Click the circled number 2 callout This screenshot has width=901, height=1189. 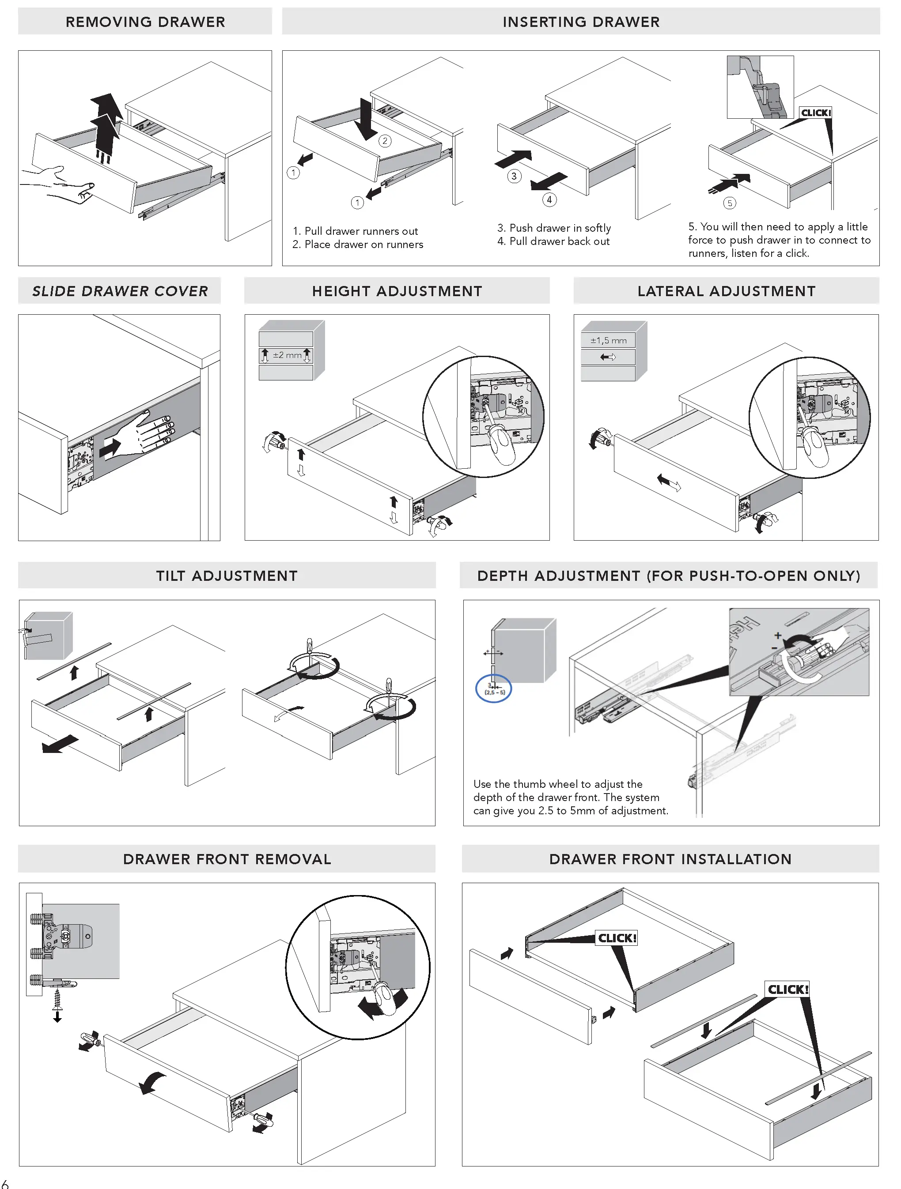(385, 141)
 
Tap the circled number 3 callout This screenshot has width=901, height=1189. (514, 176)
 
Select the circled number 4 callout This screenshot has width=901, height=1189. (549, 199)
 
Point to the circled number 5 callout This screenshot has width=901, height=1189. (729, 203)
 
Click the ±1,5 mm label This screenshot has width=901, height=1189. (608, 340)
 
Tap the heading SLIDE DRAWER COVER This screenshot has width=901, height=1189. (120, 291)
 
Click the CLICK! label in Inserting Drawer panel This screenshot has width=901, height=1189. (815, 113)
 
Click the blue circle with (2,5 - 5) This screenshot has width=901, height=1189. (494, 689)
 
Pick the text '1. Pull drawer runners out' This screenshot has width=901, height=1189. (355, 231)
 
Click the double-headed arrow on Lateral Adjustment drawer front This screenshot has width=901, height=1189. (669, 482)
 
